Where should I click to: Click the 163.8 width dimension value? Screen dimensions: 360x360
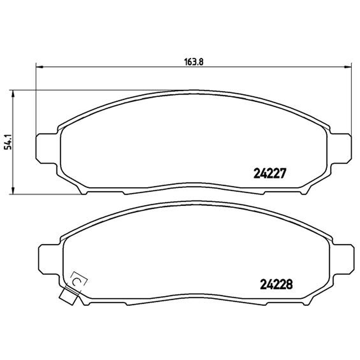pos(194,62)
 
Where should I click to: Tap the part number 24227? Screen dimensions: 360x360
pos(270,174)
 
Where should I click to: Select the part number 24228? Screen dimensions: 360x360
pos(276,284)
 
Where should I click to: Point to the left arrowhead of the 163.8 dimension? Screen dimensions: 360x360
pos(40,67)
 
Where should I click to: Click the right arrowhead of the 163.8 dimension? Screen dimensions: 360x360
pos(347,67)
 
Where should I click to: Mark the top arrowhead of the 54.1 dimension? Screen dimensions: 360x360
pos(13,94)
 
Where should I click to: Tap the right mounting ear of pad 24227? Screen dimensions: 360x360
pos(341,148)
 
